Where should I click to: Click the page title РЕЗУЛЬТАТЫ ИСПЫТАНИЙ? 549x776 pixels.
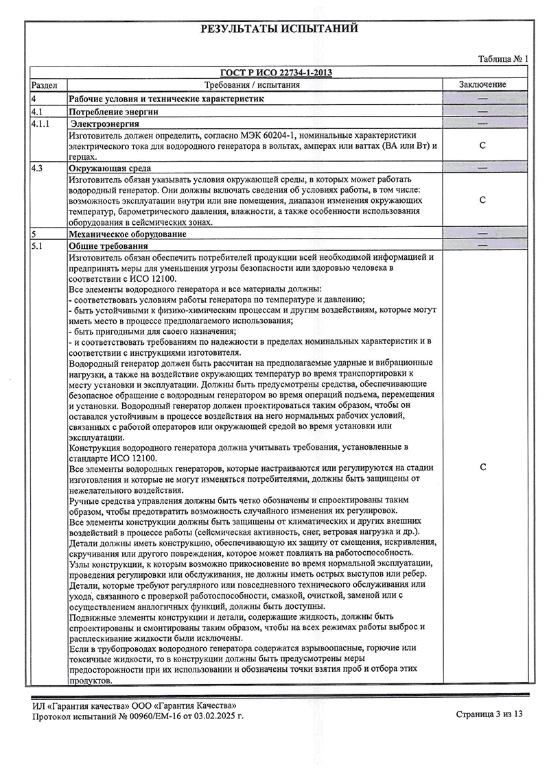(x=279, y=29)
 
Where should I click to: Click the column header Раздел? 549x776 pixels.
(x=45, y=84)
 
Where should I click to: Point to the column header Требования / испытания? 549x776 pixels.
(x=253, y=84)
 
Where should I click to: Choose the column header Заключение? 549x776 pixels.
(x=482, y=84)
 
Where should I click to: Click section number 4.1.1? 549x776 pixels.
(x=42, y=123)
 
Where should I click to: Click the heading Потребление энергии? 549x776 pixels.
(x=114, y=111)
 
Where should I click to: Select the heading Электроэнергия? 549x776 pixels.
(x=106, y=123)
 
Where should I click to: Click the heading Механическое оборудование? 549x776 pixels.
(x=128, y=234)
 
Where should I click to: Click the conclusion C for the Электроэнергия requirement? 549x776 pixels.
(x=482, y=145)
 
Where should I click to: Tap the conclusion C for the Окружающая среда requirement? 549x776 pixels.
(x=482, y=200)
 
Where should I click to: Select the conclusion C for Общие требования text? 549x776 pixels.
(x=482, y=467)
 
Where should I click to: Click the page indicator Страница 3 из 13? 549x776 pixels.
(x=489, y=714)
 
